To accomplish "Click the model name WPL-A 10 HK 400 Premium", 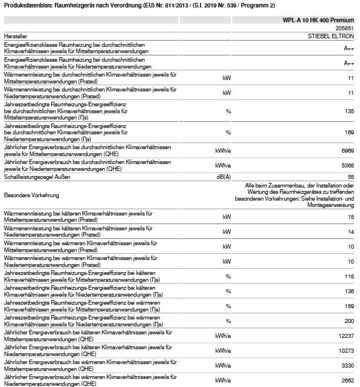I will [x=318, y=19].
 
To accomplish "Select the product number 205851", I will [x=345, y=27].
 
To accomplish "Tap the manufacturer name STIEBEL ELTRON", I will [x=331, y=35].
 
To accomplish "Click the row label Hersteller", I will [x=15, y=35].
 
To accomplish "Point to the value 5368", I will [x=347, y=165].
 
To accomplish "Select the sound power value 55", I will [x=350, y=177].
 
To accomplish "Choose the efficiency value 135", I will [x=349, y=111].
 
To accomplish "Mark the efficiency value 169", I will [x=349, y=132].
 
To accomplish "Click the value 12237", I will [x=345, y=334].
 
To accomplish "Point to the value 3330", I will [x=347, y=365].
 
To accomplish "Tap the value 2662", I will [x=347, y=380].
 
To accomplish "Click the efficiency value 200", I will [x=349, y=320].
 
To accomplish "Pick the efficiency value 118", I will [x=349, y=276].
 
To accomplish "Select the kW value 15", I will [x=350, y=217].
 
